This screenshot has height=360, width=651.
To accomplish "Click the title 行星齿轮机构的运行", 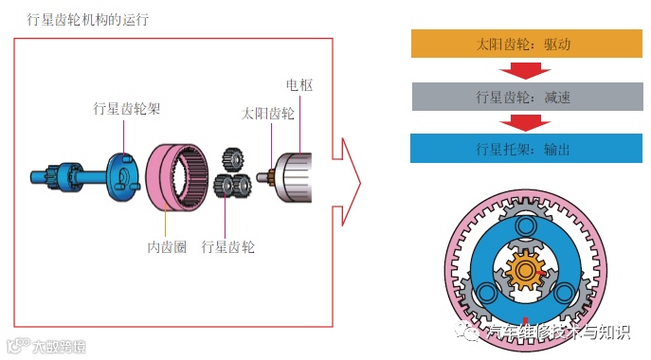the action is [x=87, y=20].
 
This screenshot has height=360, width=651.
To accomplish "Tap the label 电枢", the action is [x=299, y=85].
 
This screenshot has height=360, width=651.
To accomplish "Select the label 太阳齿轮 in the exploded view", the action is [x=268, y=114].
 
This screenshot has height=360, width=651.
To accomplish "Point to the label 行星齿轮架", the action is [x=127, y=109].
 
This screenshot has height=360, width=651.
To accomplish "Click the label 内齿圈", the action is [x=167, y=247].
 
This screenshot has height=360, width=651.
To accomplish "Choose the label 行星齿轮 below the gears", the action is [x=227, y=247].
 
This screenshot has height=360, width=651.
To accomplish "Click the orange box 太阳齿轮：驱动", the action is [x=527, y=44].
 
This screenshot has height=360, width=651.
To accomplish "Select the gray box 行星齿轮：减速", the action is [x=527, y=97].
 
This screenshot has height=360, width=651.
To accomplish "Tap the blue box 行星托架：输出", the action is [x=526, y=148].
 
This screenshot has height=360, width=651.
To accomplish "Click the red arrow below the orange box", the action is [x=525, y=70].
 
